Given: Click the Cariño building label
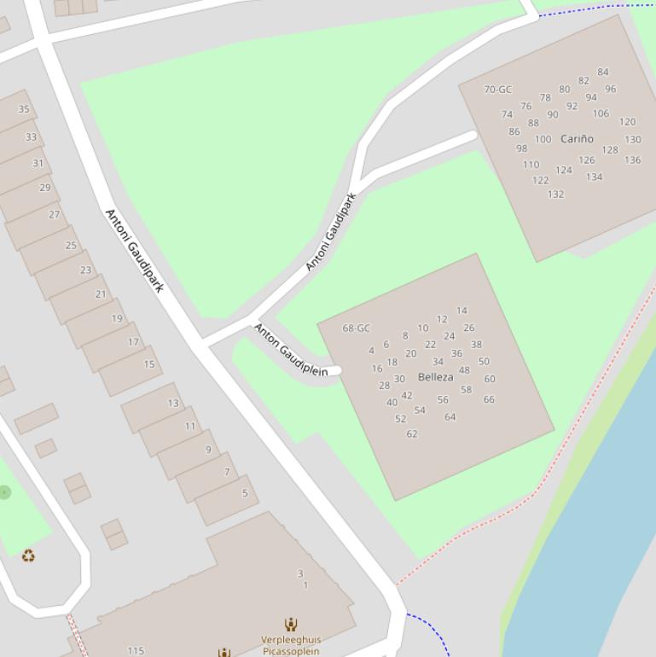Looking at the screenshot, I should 577,139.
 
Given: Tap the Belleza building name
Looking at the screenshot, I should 435,377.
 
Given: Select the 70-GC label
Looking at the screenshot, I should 497,90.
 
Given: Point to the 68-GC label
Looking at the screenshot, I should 356,328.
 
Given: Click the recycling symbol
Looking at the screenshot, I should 28,556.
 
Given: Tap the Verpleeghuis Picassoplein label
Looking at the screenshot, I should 291,645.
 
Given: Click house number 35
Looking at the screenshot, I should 24,109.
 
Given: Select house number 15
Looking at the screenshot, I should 149,364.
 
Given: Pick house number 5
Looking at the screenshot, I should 245,493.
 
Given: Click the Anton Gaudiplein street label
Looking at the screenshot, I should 291,350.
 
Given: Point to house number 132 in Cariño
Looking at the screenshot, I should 555,195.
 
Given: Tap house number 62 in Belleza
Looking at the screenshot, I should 412,434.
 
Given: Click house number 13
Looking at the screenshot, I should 173,404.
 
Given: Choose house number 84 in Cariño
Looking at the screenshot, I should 603,73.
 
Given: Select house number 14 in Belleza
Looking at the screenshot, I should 462,311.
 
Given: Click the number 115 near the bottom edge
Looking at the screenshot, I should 136,651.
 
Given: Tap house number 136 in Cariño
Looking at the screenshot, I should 632,160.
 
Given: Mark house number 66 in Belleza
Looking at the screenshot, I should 489,399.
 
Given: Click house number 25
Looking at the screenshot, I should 71,246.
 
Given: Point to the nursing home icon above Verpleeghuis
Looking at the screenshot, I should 291,625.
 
